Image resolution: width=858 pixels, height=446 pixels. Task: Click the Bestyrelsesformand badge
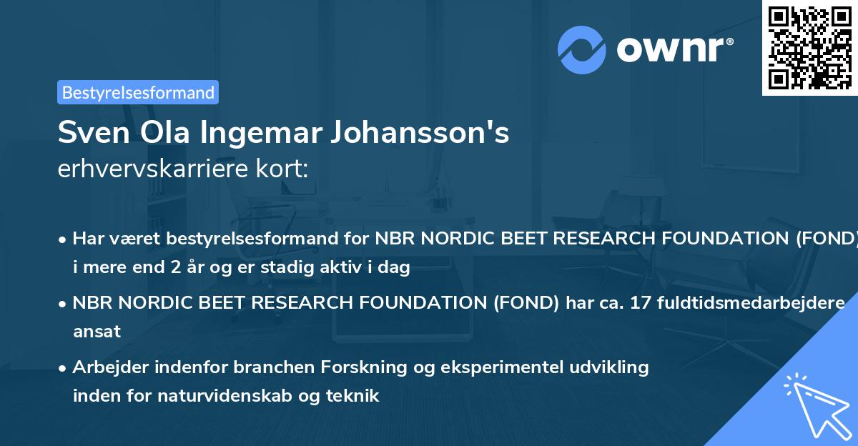click(138, 92)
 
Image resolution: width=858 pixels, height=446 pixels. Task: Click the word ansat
click(97, 332)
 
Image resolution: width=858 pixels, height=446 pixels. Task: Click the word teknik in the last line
click(355, 395)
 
